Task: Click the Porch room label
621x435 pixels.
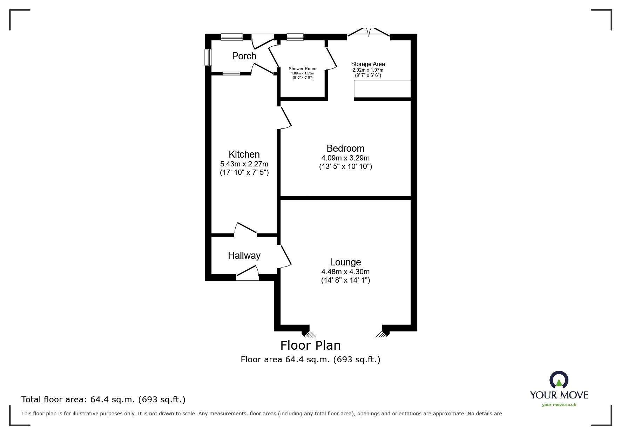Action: click(244, 56)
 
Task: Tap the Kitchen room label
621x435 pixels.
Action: click(244, 154)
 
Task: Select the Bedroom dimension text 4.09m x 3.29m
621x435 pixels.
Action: click(345, 158)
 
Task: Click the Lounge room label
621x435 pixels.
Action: click(345, 262)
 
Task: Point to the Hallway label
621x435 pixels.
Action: click(244, 256)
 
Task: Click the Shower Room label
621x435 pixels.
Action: click(302, 69)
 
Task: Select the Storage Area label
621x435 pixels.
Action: click(368, 64)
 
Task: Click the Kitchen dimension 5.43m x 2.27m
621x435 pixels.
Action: click(244, 164)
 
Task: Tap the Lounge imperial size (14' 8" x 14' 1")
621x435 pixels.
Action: click(345, 280)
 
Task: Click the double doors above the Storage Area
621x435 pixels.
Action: click(369, 32)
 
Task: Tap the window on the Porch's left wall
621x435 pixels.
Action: click(208, 57)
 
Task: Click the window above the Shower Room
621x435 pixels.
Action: click(295, 37)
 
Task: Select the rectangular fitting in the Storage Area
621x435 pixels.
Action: click(382, 88)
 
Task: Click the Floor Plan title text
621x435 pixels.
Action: click(310, 345)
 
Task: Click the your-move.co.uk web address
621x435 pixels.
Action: click(559, 405)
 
